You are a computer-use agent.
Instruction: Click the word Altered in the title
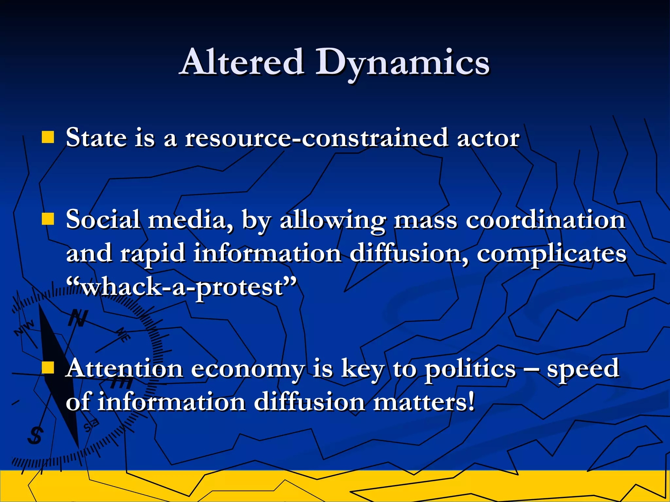click(x=242, y=62)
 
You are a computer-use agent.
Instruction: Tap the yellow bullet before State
click(x=48, y=137)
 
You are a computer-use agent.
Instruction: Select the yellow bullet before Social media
click(x=48, y=219)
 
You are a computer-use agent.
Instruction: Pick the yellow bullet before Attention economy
click(x=48, y=367)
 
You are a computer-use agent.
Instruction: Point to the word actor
click(x=488, y=138)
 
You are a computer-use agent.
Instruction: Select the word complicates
click(x=552, y=254)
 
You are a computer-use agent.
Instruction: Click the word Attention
click(x=124, y=369)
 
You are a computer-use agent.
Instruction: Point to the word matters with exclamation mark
click(x=424, y=402)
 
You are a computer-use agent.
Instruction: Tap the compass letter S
click(x=35, y=435)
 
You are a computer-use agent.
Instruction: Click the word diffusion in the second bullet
click(x=405, y=253)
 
